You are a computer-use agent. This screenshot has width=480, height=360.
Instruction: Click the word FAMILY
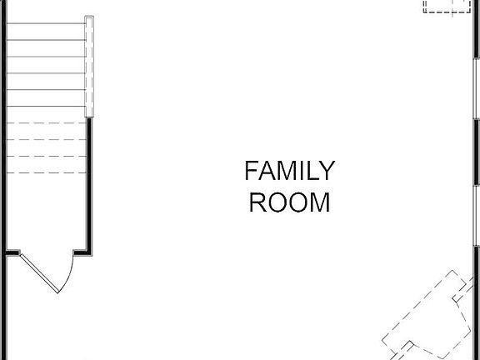point(289,171)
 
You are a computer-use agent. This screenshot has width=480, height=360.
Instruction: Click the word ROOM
point(289,202)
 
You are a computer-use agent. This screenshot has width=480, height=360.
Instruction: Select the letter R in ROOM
point(257,202)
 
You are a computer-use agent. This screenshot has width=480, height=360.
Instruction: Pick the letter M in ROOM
point(319,202)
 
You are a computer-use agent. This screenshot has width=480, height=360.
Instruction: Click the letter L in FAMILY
point(307,171)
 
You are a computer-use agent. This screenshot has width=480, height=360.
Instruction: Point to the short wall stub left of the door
point(12,252)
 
